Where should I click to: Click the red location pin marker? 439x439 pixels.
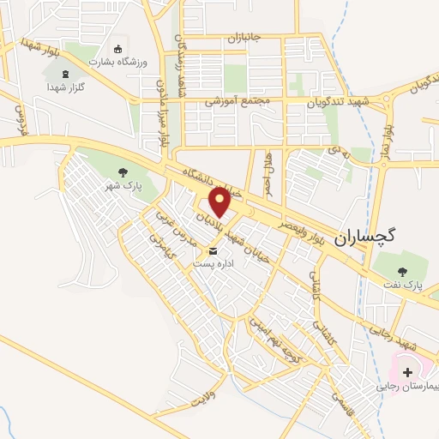point(220,203)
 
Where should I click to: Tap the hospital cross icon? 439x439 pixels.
point(406,372)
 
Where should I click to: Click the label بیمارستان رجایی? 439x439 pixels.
point(406,387)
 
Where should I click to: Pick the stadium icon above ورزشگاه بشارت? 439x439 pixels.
point(118,50)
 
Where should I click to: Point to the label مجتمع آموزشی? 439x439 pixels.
point(238,100)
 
